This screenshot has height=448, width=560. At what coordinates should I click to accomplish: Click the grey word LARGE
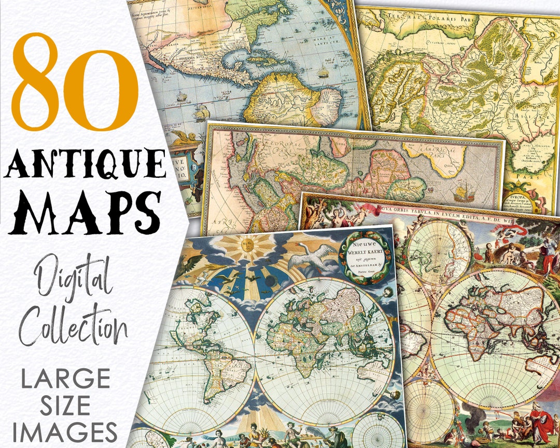[65, 380]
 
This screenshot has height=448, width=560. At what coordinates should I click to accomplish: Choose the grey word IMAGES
[65, 432]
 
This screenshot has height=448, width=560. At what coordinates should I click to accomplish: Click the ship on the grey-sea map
[463, 193]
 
